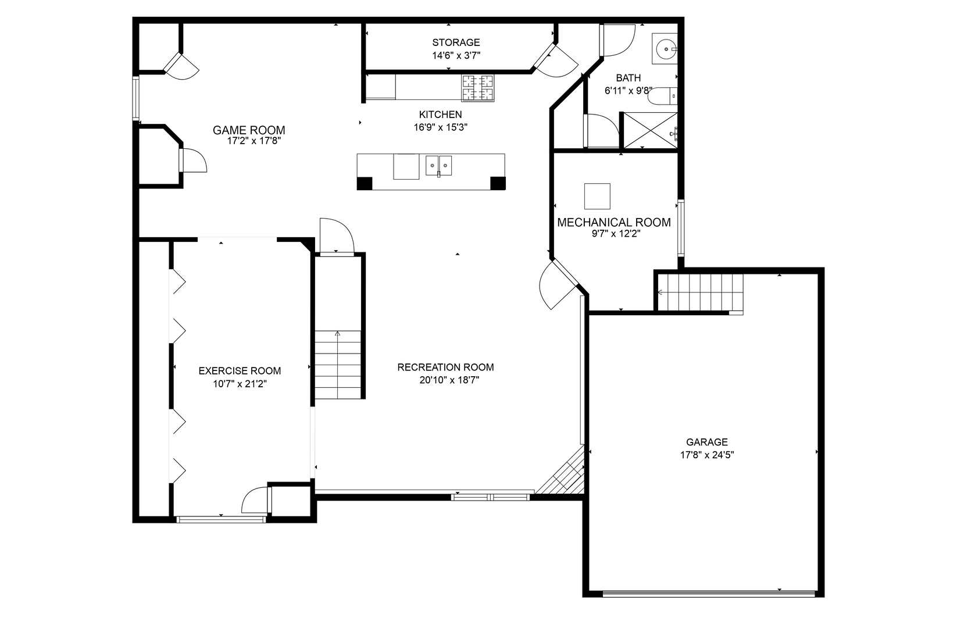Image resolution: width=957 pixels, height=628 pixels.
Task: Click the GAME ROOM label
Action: pyautogui.click(x=249, y=130)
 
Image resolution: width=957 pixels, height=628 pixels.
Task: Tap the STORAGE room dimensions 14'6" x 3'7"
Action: pyautogui.click(x=456, y=55)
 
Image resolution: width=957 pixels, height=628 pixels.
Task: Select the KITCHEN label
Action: pyautogui.click(x=441, y=115)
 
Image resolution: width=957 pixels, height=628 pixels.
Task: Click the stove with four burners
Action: pyautogui.click(x=478, y=88)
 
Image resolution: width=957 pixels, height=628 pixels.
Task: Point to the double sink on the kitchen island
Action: pyautogui.click(x=439, y=166)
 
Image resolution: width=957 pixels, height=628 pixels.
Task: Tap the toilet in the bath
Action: pyautogui.click(x=662, y=96)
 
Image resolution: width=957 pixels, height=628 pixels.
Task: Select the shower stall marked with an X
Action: pyautogui.click(x=648, y=130)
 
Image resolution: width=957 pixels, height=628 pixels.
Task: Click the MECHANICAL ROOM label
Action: pyautogui.click(x=614, y=222)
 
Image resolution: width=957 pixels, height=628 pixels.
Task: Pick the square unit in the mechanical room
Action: pyautogui.click(x=597, y=196)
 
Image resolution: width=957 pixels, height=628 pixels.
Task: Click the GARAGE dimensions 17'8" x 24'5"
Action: pyautogui.click(x=707, y=455)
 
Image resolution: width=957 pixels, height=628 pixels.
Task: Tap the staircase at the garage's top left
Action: pyautogui.click(x=700, y=292)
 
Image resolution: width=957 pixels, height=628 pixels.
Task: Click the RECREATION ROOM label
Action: pyautogui.click(x=445, y=367)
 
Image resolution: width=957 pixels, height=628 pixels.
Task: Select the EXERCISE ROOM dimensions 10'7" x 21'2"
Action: pyautogui.click(x=240, y=384)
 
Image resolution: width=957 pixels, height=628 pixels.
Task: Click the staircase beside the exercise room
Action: pyautogui.click(x=338, y=365)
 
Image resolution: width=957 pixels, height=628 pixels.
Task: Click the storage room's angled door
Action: pyautogui.click(x=555, y=60)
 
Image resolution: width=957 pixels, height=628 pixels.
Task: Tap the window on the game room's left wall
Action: pyautogui.click(x=136, y=98)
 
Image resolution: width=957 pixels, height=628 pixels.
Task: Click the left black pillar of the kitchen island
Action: pyautogui.click(x=365, y=183)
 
